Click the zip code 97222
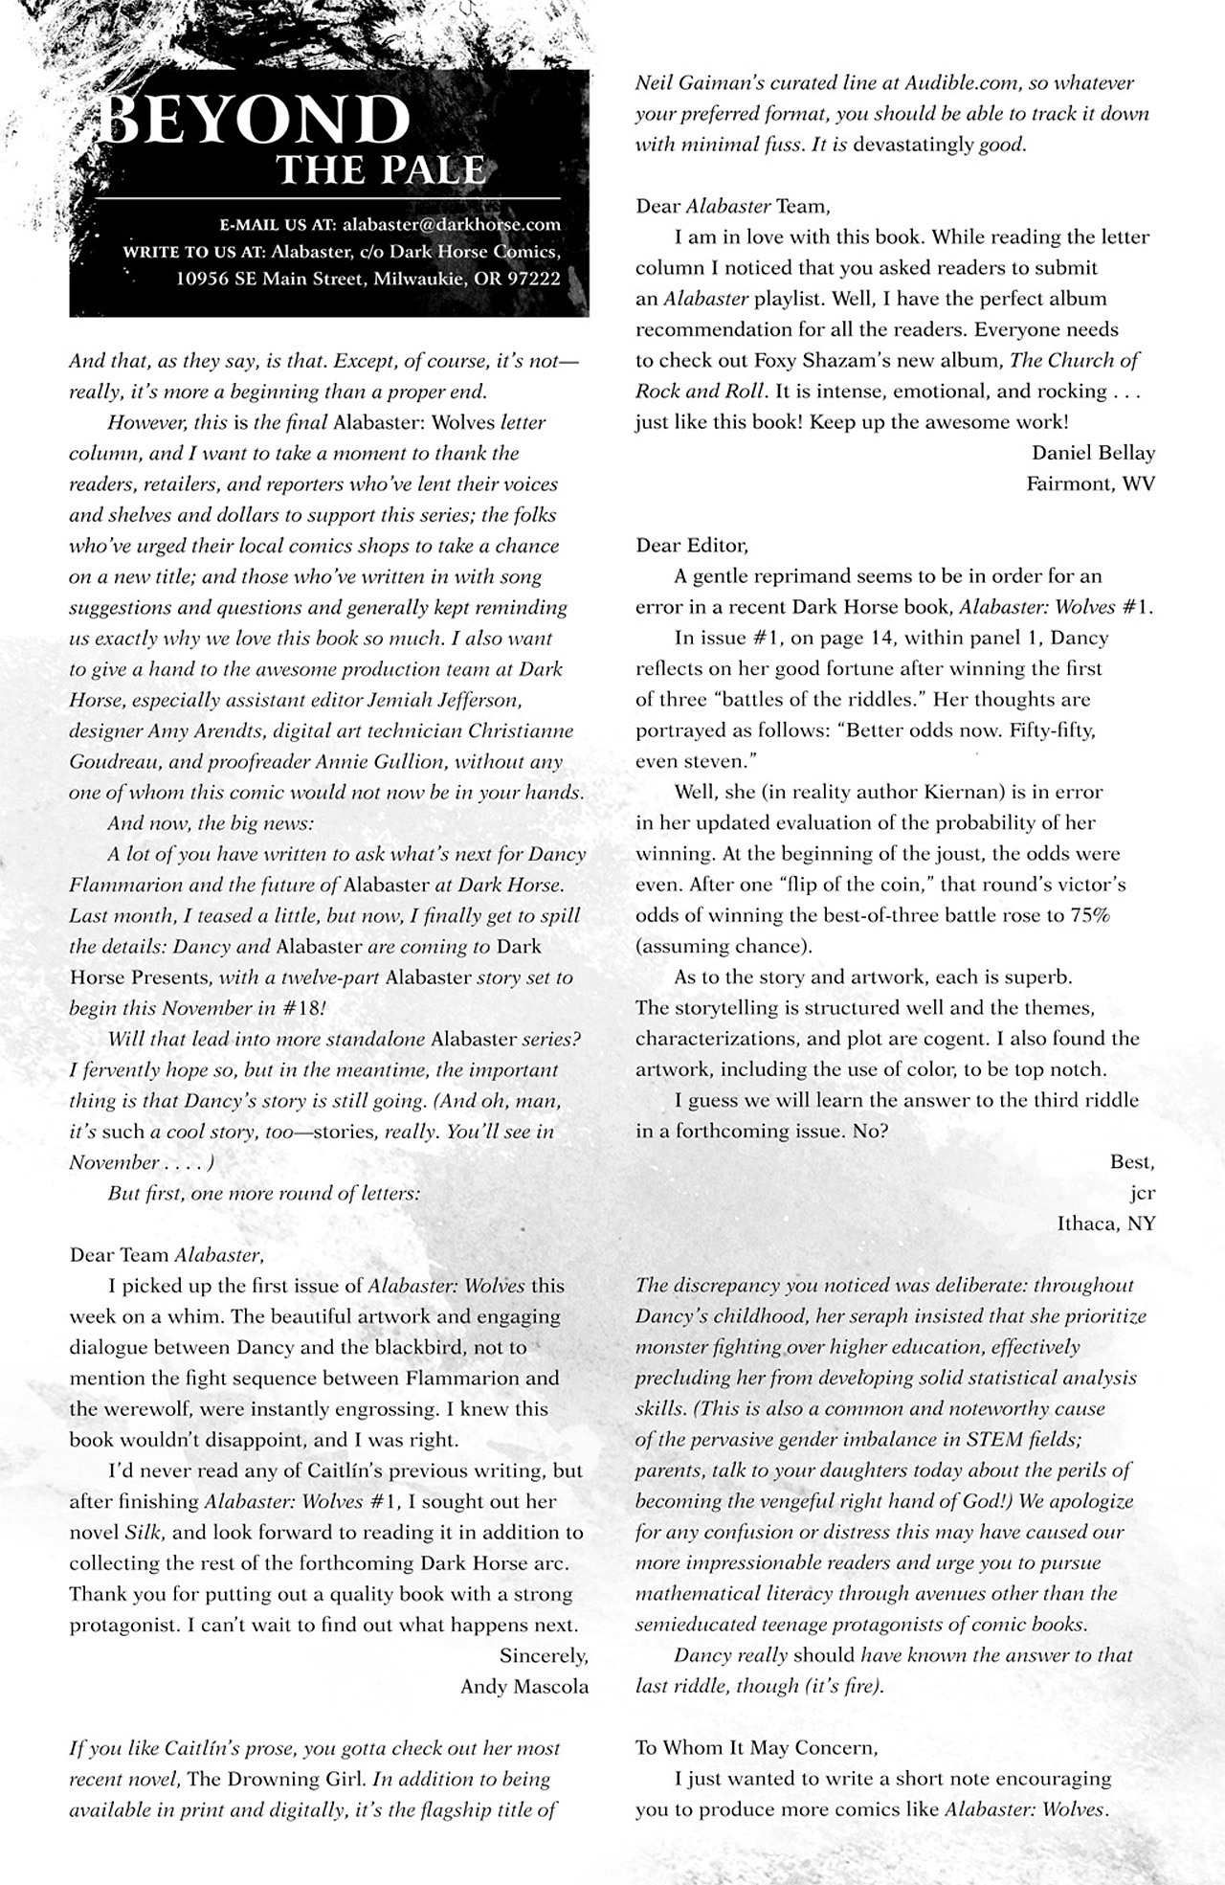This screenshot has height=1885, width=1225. (532, 280)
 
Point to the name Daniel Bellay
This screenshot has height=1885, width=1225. (1093, 453)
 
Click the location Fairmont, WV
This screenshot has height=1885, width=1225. (1090, 483)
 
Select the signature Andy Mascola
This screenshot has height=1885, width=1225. (523, 1686)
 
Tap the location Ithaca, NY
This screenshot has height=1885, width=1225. (1105, 1223)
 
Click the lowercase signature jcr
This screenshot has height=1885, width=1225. (1142, 1193)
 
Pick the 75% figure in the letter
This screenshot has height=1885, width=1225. (1089, 915)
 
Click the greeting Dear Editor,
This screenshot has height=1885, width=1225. (691, 546)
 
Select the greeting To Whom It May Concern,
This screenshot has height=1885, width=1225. (755, 1747)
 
